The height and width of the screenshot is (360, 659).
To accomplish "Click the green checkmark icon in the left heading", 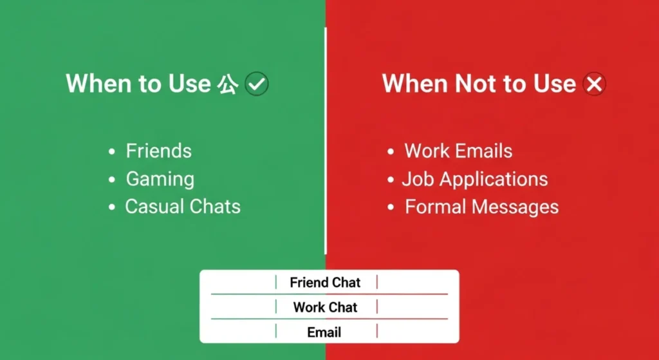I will point(257,84).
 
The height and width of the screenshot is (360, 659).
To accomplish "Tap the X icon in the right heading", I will point(594,84).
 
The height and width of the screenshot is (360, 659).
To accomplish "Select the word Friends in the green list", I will point(158,151).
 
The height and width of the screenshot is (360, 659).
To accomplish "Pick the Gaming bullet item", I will point(160,179).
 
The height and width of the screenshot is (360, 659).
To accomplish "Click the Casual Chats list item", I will point(182,207).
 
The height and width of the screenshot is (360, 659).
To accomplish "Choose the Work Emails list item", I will point(458,151).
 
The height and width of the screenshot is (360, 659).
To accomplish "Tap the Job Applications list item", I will point(475,179).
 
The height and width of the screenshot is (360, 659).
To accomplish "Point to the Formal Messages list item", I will point(481,207).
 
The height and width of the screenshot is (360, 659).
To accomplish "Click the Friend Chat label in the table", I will point(325,283).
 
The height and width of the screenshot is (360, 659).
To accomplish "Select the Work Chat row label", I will point(325,307).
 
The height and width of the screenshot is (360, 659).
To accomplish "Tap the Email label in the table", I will point(324,332).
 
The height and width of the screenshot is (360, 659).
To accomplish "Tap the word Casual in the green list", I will point(151,207).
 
